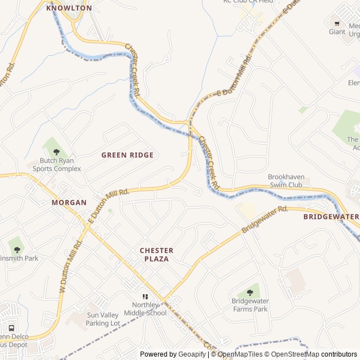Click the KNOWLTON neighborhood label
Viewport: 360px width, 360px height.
pyautogui.click(x=69, y=8)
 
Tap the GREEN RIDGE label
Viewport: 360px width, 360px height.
pyautogui.click(x=127, y=155)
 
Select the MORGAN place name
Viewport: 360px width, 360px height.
pyautogui.click(x=69, y=202)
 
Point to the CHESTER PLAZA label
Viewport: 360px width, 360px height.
pyautogui.click(x=156, y=254)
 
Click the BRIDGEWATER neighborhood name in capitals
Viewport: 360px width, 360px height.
pyautogui.click(x=331, y=217)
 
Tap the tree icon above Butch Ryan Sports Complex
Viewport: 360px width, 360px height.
pyautogui.click(x=56, y=151)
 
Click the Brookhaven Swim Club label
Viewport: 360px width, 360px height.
pyautogui.click(x=285, y=181)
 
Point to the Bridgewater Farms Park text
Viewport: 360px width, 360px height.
pyautogui.click(x=250, y=305)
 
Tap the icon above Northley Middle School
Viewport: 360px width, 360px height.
pyautogui.click(x=145, y=296)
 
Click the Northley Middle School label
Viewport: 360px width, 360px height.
pyautogui.click(x=145, y=309)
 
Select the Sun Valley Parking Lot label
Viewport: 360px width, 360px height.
pyautogui.click(x=103, y=319)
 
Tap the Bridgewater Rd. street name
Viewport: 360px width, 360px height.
pyautogui.click(x=264, y=219)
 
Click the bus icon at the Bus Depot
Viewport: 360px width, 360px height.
pyautogui.click(x=11, y=328)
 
